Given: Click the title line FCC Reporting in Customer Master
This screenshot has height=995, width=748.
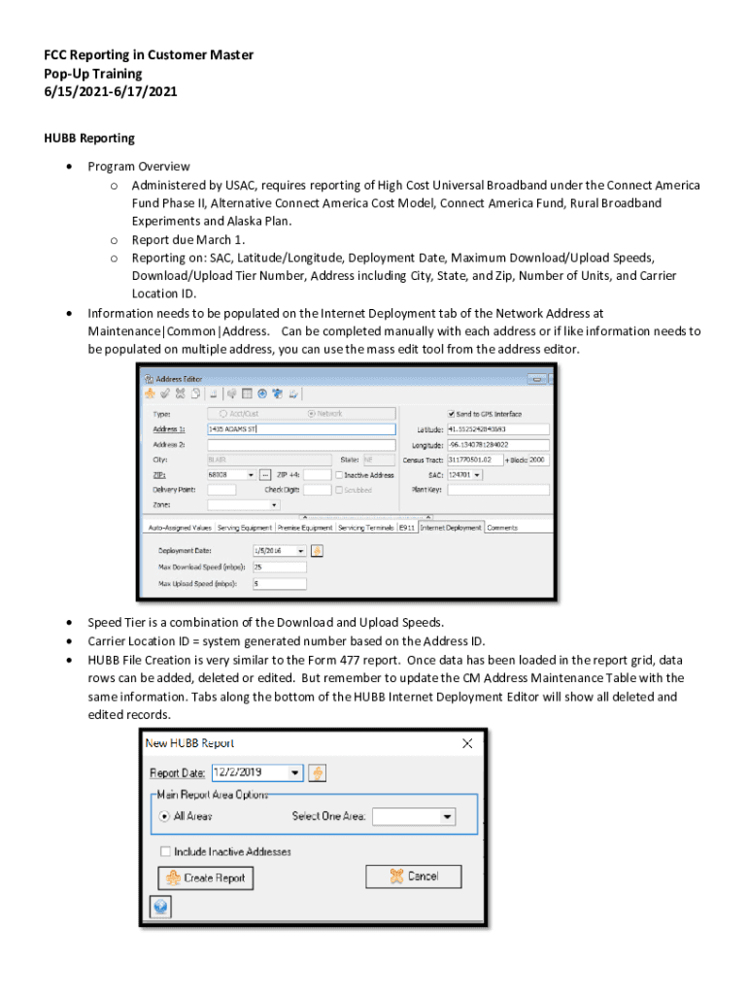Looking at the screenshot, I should click(x=148, y=55).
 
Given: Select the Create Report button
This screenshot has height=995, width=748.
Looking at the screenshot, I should click(x=204, y=877).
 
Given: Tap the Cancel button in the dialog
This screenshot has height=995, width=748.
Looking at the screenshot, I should click(x=414, y=875).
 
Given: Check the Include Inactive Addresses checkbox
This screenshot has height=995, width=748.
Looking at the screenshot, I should click(x=167, y=851).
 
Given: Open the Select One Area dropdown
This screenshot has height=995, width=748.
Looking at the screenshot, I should click(x=414, y=816).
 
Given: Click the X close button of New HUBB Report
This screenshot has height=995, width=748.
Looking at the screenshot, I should click(x=467, y=743).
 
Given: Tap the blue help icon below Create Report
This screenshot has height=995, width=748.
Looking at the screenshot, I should click(x=160, y=907).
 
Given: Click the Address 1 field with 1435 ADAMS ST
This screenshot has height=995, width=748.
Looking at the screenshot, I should click(x=301, y=429).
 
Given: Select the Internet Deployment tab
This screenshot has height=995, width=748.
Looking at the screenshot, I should click(x=451, y=528).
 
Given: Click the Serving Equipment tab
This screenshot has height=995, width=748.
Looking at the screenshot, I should click(x=244, y=528).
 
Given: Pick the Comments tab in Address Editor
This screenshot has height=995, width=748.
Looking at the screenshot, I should click(x=502, y=528).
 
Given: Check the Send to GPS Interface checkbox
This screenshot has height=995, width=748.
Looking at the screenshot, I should click(x=452, y=413).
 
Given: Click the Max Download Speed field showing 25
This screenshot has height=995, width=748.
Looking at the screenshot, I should click(x=279, y=566).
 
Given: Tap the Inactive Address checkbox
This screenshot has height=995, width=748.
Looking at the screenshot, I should click(x=339, y=475).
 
